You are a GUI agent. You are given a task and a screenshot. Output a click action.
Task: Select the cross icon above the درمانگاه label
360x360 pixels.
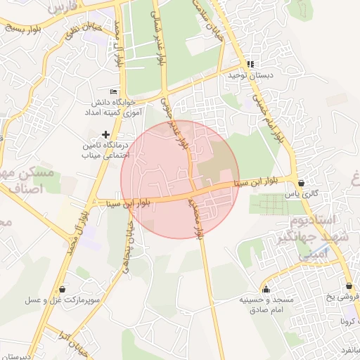[x=105, y=134]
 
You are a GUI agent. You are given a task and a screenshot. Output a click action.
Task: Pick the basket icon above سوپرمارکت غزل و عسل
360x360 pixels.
[x=64, y=289]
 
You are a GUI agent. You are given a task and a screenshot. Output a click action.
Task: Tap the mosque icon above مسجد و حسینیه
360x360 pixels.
[x=266, y=289]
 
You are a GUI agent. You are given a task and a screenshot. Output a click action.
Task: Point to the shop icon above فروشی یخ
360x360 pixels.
[x=349, y=286]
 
